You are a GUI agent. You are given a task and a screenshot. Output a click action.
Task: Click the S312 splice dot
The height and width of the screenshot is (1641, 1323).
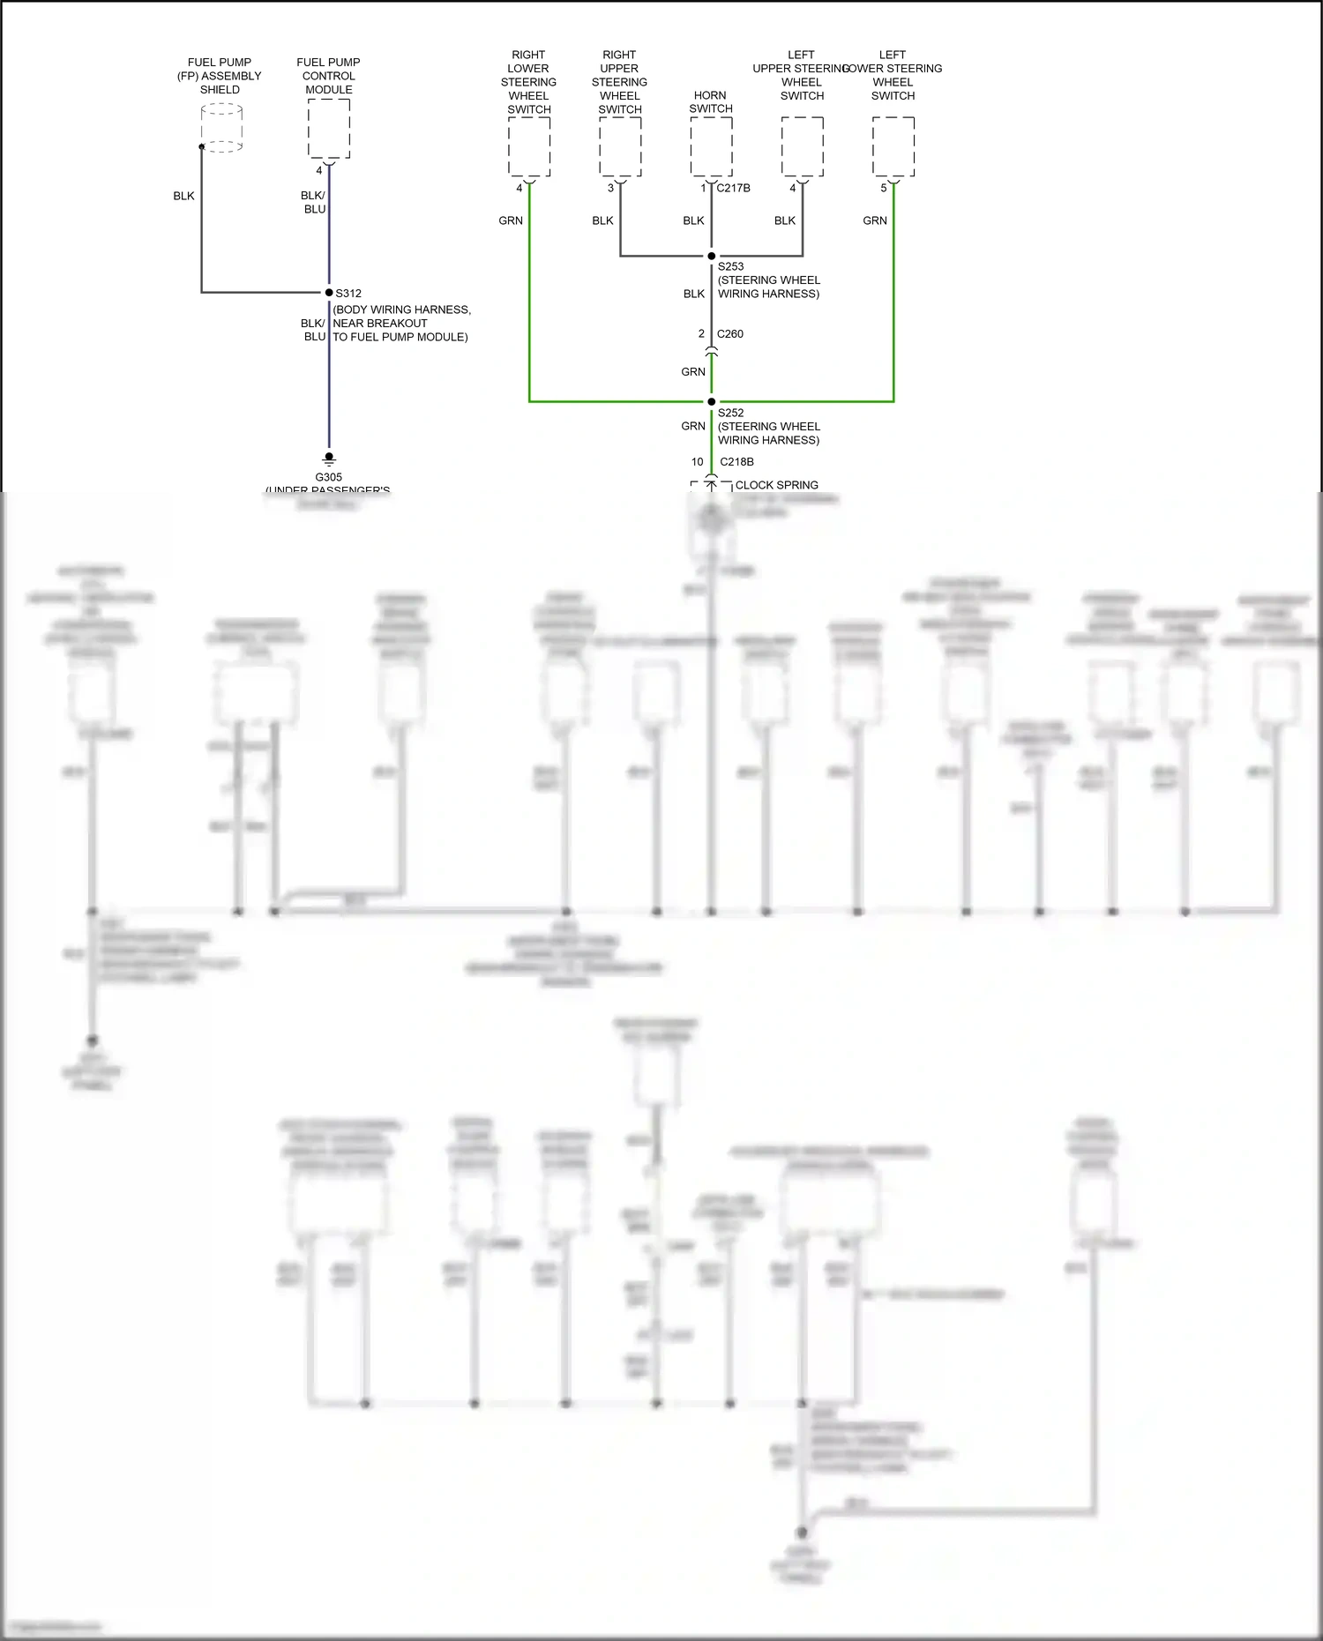[x=329, y=293]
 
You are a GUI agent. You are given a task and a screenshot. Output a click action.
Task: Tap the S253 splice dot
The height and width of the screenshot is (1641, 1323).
[x=712, y=257]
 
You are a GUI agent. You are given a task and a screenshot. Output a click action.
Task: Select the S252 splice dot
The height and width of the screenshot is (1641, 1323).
[x=712, y=402]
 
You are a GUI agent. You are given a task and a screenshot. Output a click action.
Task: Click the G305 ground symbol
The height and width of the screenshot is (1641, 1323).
[x=329, y=459]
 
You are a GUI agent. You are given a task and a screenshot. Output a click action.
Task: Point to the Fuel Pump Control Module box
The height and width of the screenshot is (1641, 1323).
[x=329, y=129]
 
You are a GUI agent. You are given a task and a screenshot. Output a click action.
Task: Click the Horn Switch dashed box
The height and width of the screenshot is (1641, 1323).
[x=711, y=146]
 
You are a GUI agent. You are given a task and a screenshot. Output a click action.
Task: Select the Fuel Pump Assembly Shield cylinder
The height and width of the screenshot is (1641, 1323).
[x=221, y=129]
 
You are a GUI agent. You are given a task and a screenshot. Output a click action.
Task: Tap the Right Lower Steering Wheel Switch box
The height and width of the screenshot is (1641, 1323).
[x=529, y=146]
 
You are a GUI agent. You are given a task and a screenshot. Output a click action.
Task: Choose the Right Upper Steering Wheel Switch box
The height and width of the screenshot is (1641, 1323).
[x=620, y=146]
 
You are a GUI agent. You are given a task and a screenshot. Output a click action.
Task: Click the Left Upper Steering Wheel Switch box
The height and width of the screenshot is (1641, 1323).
[x=803, y=146]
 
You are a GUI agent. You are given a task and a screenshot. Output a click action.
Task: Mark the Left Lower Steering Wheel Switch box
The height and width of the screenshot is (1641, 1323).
[x=893, y=146]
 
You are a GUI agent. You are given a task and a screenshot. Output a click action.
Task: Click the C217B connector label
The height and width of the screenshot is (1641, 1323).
[x=734, y=188]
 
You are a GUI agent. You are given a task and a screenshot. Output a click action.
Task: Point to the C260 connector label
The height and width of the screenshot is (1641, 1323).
[x=730, y=334]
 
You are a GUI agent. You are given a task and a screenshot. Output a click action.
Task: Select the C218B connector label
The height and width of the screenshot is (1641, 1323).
[x=736, y=462]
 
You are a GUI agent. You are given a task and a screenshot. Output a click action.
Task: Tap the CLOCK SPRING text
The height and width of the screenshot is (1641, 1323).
[x=776, y=485]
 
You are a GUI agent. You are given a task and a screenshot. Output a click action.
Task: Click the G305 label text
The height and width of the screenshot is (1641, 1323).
[x=328, y=477]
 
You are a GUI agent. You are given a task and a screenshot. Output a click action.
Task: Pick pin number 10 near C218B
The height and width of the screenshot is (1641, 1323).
[x=698, y=462]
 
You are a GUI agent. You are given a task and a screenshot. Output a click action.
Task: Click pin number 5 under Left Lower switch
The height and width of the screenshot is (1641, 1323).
[x=884, y=188]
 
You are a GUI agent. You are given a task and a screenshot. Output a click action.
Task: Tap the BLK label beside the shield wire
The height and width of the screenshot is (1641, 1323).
[x=183, y=196]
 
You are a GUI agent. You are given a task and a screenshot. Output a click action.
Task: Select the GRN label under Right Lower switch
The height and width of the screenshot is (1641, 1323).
[x=511, y=220]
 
